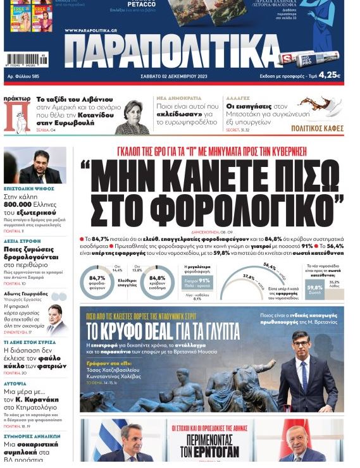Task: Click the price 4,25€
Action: click(x=330, y=75)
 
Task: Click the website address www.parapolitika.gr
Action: click(x=91, y=30)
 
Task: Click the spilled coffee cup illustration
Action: click(x=320, y=106)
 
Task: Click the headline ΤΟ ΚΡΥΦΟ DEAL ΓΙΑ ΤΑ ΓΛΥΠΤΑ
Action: click(x=163, y=330)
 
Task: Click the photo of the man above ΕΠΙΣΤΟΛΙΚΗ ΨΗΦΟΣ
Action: click(x=35, y=165)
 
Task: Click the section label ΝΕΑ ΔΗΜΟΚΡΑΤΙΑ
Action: click(x=179, y=99)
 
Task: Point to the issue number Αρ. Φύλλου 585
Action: click(x=23, y=76)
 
